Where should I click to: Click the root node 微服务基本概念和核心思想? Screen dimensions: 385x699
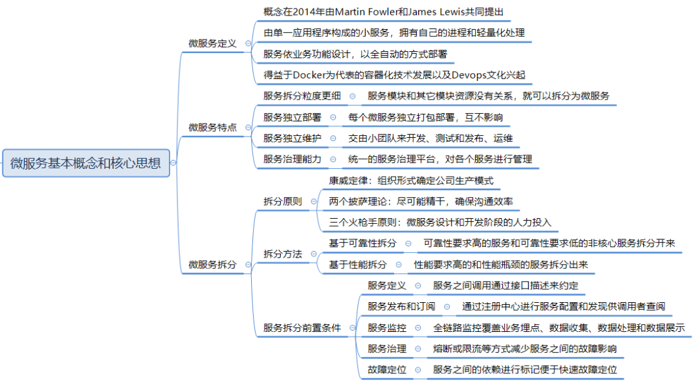[x=85, y=163]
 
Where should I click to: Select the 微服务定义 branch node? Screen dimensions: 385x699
[x=212, y=43]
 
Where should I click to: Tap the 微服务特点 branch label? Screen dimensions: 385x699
[x=212, y=127]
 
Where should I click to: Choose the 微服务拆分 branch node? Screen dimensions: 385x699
[x=212, y=265]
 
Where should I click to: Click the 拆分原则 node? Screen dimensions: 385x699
[x=282, y=201]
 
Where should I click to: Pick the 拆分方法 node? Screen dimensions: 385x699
[x=282, y=254]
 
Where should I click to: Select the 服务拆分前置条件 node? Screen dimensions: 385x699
[x=302, y=327]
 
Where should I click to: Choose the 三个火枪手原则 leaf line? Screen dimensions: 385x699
[x=439, y=222]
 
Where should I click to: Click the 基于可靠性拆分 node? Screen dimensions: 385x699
[x=362, y=243]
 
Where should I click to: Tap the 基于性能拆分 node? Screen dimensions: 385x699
[x=357, y=265]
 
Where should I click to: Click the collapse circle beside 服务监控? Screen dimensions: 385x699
[x=418, y=328]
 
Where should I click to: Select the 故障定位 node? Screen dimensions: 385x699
[x=387, y=369]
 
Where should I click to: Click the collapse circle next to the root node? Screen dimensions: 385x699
[x=173, y=163]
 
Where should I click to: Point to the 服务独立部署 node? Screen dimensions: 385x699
[x=293, y=117]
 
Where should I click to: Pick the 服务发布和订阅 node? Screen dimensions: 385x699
[x=401, y=306]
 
